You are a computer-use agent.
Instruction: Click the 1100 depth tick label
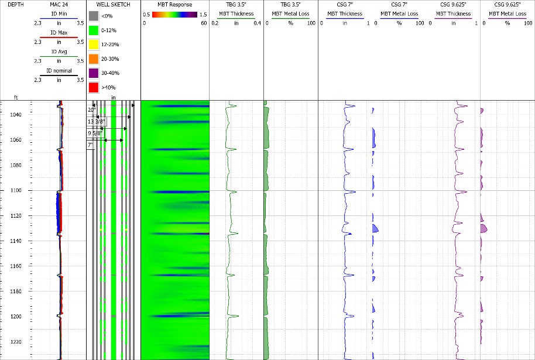(11, 190)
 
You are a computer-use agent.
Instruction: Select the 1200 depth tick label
(11, 316)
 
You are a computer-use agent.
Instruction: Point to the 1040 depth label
(11, 115)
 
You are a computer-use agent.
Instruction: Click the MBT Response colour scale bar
(176, 14)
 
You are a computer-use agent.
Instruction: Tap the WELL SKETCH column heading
(113, 5)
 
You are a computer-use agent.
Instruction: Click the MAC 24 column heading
(59, 5)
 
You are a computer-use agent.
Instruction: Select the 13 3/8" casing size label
(94, 121)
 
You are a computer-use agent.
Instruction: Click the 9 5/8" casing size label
(95, 133)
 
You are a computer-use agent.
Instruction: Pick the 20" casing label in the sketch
(91, 109)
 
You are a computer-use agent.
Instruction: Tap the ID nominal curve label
(59, 71)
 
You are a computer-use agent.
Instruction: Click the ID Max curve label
(59, 33)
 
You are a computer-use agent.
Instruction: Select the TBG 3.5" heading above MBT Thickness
(236, 5)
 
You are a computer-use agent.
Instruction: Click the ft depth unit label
(16, 98)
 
